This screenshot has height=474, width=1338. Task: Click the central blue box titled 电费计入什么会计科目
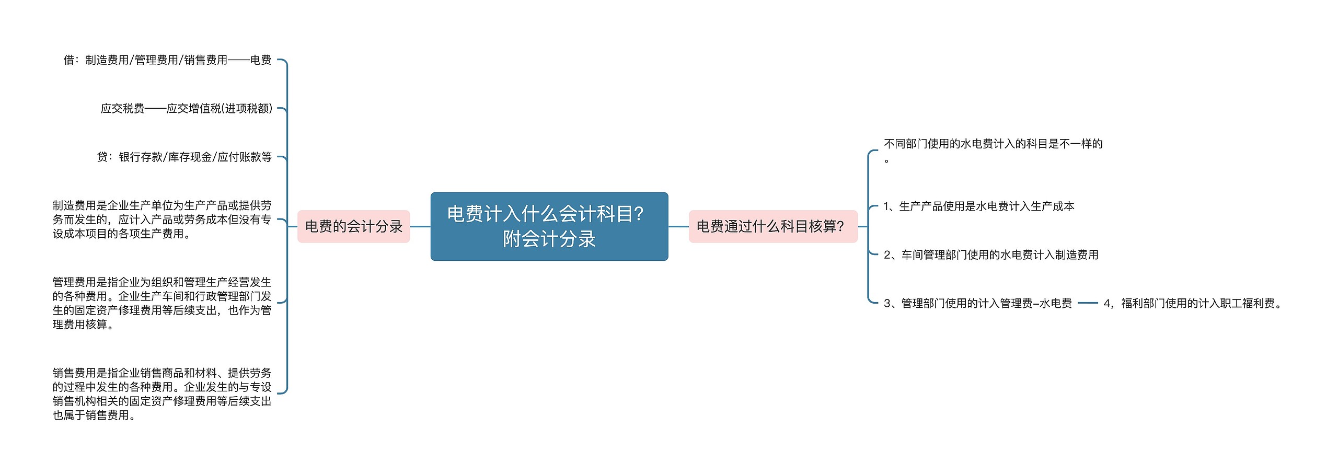pyautogui.click(x=549, y=226)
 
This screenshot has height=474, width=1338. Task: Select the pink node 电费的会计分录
pyautogui.click(x=353, y=226)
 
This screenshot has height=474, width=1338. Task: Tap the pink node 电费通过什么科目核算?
pyautogui.click(x=772, y=226)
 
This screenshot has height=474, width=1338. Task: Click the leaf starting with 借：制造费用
pyautogui.click(x=167, y=60)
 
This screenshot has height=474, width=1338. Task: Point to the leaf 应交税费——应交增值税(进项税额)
pyautogui.click(x=186, y=109)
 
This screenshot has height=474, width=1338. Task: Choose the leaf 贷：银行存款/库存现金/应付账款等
pyautogui.click(x=184, y=157)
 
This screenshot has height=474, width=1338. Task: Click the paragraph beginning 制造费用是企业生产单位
pyautogui.click(x=162, y=219)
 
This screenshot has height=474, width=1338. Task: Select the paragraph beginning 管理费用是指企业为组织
pyautogui.click(x=162, y=303)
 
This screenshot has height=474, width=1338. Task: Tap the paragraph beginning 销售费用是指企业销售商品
pyautogui.click(x=162, y=394)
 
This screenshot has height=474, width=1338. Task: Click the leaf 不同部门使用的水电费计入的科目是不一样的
pyautogui.click(x=993, y=144)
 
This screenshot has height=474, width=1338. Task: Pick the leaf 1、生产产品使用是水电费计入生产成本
pyautogui.click(x=978, y=206)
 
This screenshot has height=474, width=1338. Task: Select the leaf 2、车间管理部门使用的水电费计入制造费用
pyautogui.click(x=990, y=255)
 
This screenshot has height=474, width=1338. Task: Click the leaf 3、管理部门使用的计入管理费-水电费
pyautogui.click(x=977, y=303)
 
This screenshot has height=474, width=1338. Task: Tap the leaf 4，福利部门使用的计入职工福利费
pyautogui.click(x=1193, y=303)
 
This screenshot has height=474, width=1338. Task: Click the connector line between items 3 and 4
pyautogui.click(x=1087, y=303)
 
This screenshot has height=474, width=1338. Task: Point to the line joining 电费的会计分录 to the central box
pyautogui.click(x=420, y=227)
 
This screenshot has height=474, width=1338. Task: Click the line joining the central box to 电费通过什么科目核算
pyautogui.click(x=678, y=227)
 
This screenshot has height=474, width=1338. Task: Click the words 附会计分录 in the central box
pyautogui.click(x=549, y=239)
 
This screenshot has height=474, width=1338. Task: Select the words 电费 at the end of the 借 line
pyautogui.click(x=261, y=60)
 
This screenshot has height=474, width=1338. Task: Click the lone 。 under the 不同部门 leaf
pyautogui.click(x=886, y=160)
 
